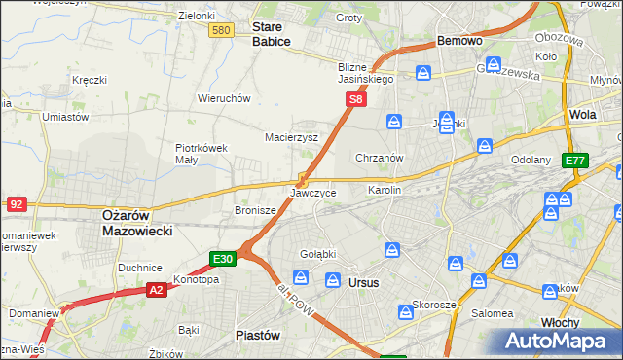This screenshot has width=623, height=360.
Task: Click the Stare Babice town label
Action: pos(272,34)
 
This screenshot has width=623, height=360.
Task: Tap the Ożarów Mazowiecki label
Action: pos(137,224)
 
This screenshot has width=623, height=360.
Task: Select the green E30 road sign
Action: pos(223,258)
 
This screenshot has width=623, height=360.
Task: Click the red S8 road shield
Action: pos(357,99)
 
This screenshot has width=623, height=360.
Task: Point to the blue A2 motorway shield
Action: pos(156,289)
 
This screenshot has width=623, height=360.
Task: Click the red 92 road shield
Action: pos(16,204)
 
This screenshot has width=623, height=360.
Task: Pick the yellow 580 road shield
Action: pos(221,31)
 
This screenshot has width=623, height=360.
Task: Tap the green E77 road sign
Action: pos(575,161)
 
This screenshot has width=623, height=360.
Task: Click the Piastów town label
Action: pos(259,334)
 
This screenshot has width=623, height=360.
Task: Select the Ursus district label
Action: pos(363,282)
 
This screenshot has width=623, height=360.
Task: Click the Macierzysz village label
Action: pos(292,137)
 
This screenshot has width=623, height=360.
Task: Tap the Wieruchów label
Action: pos(225,98)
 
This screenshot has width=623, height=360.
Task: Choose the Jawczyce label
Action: pos(313,193)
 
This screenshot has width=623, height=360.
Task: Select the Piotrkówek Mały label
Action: pos(201,154)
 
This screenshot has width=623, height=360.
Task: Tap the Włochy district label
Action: pos(560,322)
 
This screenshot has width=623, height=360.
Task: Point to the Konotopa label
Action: pos(197,279)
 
